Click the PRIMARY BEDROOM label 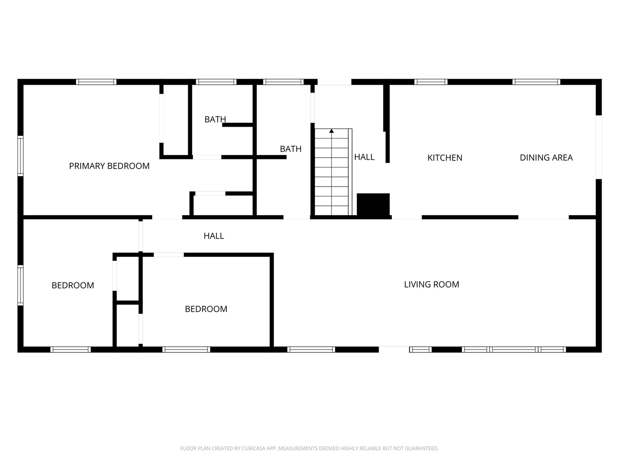[109, 166]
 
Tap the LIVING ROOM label [431, 284]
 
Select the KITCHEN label [445, 158]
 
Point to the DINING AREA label [546, 158]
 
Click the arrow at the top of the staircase [332, 130]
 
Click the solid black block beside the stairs [373, 204]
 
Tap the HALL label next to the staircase [364, 157]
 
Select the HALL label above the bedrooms [214, 236]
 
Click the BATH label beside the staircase [291, 149]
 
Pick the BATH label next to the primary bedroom [215, 119]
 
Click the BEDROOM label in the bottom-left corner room [73, 285]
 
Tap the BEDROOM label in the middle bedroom [206, 309]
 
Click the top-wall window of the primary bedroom [96, 82]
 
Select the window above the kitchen [431, 82]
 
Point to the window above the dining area [536, 82]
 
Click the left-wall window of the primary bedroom [20, 155]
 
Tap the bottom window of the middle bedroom [186, 349]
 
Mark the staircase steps [332, 174]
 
